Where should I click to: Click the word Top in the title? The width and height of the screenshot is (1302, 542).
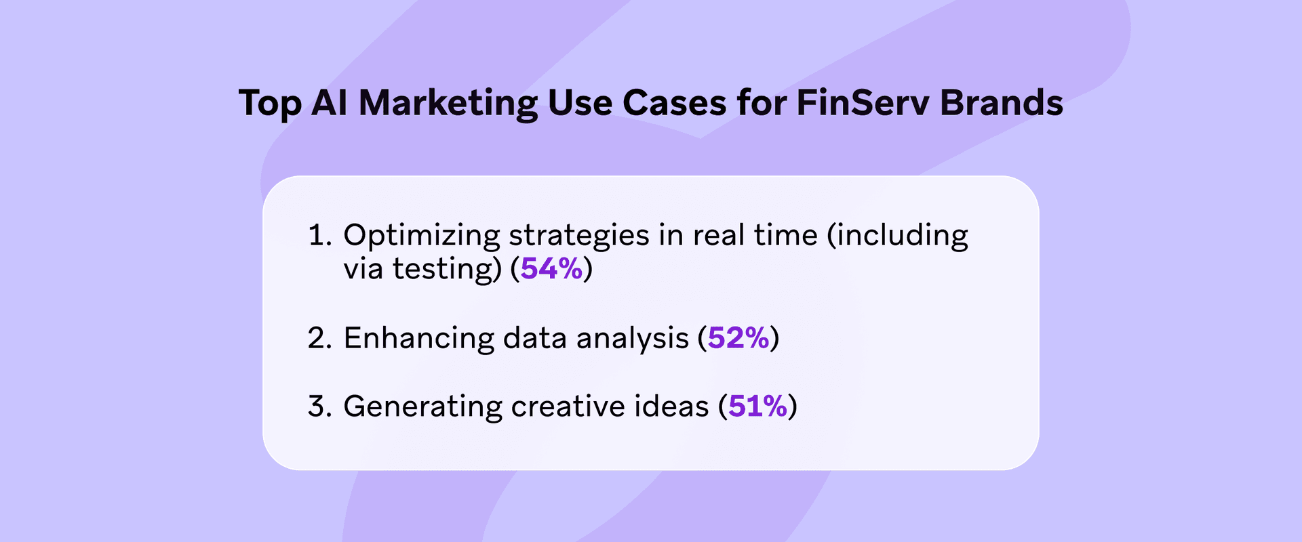[x=270, y=104]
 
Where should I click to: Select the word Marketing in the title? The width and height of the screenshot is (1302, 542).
[x=448, y=104]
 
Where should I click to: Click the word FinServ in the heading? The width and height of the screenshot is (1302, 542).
[x=862, y=103]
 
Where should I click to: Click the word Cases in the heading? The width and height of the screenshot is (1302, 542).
[x=674, y=103]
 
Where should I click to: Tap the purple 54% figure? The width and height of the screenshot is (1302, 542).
[x=551, y=269]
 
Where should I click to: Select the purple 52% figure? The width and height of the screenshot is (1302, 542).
[x=738, y=338]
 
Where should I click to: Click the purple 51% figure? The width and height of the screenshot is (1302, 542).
[x=757, y=406]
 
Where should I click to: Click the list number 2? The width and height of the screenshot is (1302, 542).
[x=319, y=338]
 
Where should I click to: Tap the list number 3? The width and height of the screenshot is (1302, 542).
[x=319, y=406]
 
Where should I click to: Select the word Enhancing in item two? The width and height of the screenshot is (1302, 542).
[x=418, y=338]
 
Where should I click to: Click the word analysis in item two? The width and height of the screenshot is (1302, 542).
[x=632, y=338]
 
